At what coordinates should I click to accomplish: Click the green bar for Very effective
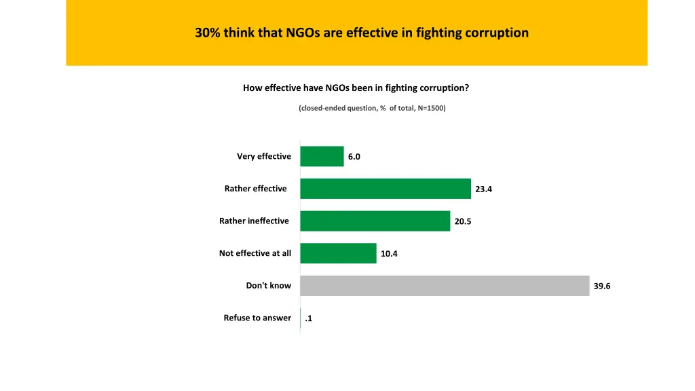(x=322, y=156)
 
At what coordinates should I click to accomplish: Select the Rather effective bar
(x=386, y=189)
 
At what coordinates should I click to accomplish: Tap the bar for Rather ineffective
(x=375, y=221)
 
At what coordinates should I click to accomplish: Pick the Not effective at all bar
(x=338, y=253)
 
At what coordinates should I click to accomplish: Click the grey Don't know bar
(x=445, y=286)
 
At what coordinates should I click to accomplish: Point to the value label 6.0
(x=354, y=157)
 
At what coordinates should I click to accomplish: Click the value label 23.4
(x=483, y=189)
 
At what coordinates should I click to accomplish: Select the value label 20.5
(x=463, y=221)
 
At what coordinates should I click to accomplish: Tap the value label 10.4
(x=389, y=254)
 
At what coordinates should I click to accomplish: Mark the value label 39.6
(x=602, y=286)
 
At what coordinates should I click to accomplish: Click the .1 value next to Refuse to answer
(x=308, y=318)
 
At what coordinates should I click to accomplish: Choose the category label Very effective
(x=264, y=156)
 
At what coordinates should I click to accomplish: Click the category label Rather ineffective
(x=254, y=221)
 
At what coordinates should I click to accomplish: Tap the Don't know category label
(x=268, y=286)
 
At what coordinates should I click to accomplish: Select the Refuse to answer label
(x=257, y=318)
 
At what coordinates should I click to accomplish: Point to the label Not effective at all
(x=255, y=253)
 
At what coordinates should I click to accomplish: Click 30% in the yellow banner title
(x=207, y=33)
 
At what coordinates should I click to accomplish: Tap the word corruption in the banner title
(x=497, y=33)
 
